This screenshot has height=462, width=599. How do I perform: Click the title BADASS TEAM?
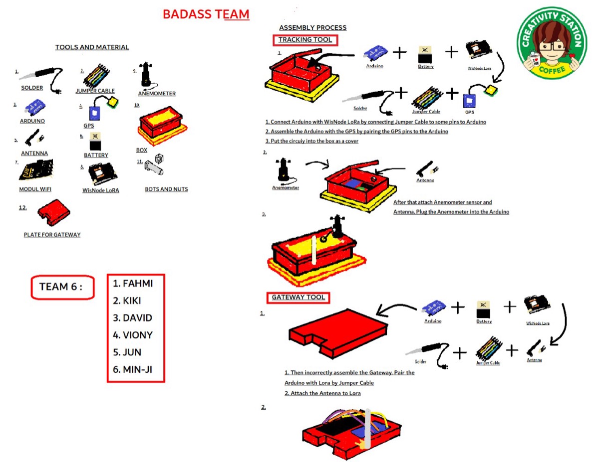coord(206,14)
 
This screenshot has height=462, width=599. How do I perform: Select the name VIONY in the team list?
coord(133,335)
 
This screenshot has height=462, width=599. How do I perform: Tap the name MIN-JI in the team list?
coord(133,369)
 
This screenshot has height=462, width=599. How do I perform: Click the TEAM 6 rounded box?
coord(63,287)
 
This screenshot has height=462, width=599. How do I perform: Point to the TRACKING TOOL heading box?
coord(305,40)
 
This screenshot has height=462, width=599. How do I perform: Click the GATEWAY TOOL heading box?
coord(298,298)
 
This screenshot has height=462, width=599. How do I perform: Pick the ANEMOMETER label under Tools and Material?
coord(157,93)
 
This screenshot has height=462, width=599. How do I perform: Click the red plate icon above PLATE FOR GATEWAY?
coord(53,212)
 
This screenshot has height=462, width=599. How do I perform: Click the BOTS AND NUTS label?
coord(166,189)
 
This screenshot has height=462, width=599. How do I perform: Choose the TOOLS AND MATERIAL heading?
coord(92,47)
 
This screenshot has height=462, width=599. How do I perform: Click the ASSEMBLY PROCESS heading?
coord(312,27)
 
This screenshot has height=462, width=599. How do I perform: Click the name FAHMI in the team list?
coord(133,284)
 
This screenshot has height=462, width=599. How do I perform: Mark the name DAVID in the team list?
coord(133,318)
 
